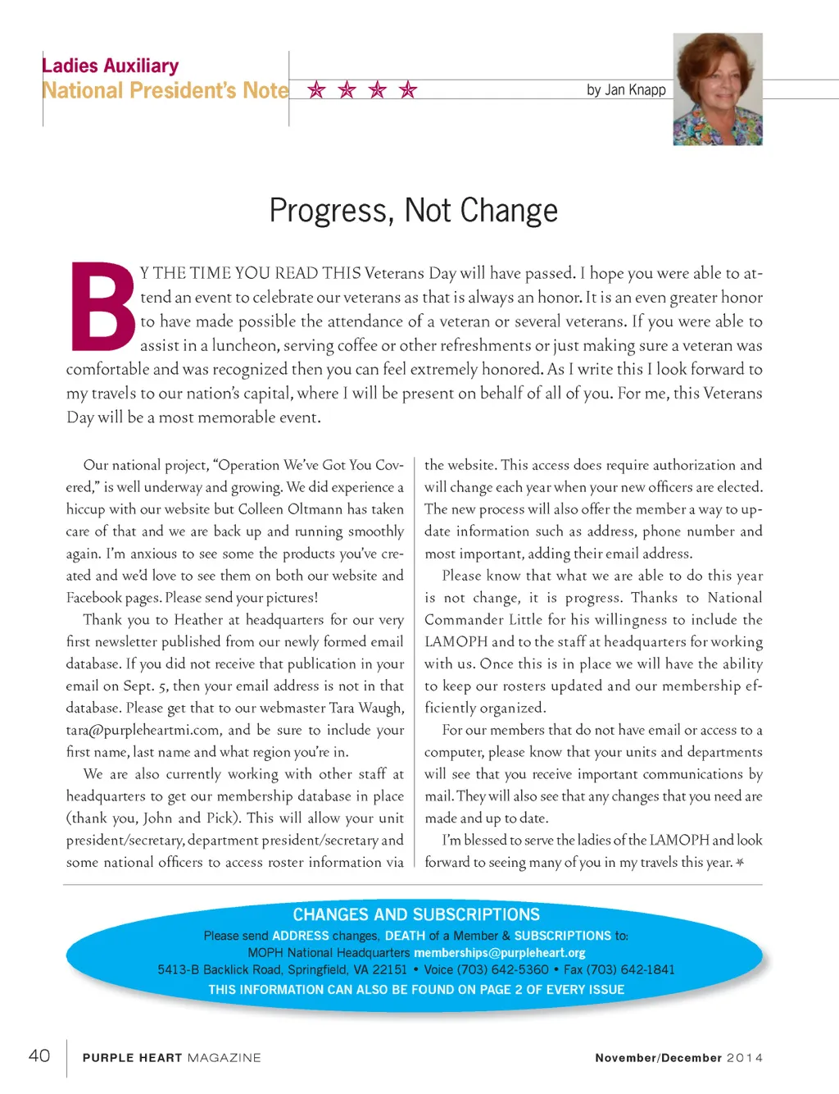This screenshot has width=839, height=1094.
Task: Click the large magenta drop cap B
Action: tap(102, 307)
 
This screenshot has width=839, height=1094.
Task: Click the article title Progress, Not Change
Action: tap(413, 211)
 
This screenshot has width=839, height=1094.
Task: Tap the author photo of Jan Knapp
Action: tap(718, 89)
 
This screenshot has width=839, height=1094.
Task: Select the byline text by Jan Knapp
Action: tap(626, 89)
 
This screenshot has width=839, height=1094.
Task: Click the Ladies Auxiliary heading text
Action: tap(111, 66)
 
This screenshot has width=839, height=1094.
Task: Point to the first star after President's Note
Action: tap(316, 89)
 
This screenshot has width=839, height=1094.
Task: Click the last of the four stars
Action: tap(408, 89)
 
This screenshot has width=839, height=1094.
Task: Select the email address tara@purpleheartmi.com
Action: tap(143, 730)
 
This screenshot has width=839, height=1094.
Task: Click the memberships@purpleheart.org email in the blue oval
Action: tap(500, 953)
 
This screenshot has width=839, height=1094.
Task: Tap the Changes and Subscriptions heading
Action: tap(416, 914)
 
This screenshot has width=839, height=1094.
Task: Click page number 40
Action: tap(39, 1055)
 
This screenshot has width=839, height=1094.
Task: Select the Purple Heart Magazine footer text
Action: tap(171, 1058)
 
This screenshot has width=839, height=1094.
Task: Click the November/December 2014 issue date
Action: tap(678, 1058)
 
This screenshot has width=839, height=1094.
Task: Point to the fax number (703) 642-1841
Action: tap(630, 969)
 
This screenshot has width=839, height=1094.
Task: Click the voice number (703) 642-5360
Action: tap(502, 969)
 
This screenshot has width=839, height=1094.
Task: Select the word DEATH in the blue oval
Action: tap(405, 936)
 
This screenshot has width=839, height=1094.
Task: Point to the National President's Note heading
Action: tap(166, 90)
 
